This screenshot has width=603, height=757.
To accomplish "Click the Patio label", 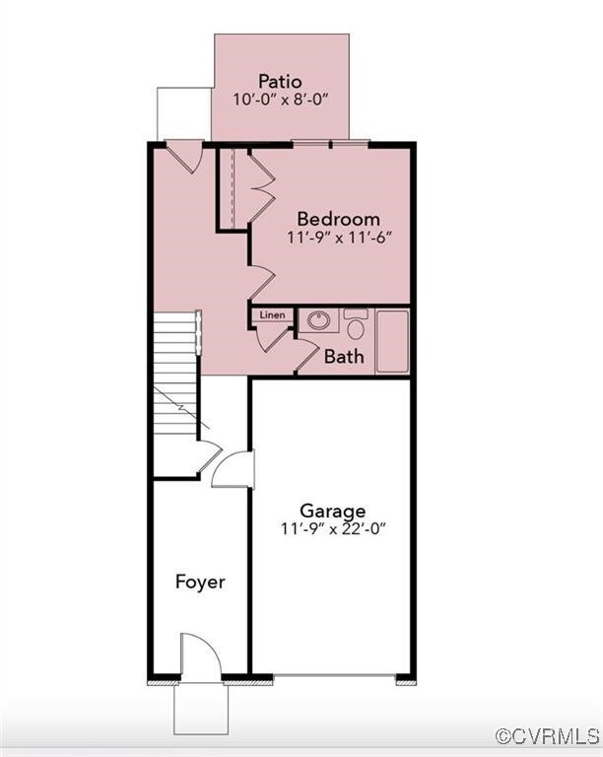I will (x=280, y=81).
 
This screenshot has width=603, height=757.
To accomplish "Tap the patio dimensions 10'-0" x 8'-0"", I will (x=280, y=100).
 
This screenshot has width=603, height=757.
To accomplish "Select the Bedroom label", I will (x=338, y=219).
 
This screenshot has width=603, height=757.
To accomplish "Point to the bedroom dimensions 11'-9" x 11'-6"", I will (x=338, y=238).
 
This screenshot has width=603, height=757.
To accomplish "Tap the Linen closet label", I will (x=272, y=315).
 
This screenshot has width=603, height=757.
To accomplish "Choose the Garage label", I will (x=333, y=511).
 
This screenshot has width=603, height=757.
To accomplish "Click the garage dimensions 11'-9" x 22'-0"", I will (x=333, y=528).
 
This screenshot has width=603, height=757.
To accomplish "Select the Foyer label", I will (x=200, y=582).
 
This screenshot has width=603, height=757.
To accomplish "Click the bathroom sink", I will (x=318, y=320).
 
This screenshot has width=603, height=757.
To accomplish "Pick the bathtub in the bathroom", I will (x=392, y=341).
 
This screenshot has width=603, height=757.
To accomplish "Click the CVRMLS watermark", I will (x=547, y=736).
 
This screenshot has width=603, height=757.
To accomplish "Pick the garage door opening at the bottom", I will (x=334, y=678).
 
